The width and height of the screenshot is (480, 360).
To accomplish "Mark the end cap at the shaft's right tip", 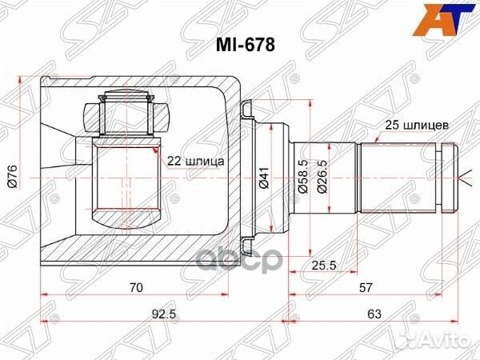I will (447, 176).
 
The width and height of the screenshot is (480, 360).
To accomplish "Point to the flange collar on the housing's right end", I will (249, 176).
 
